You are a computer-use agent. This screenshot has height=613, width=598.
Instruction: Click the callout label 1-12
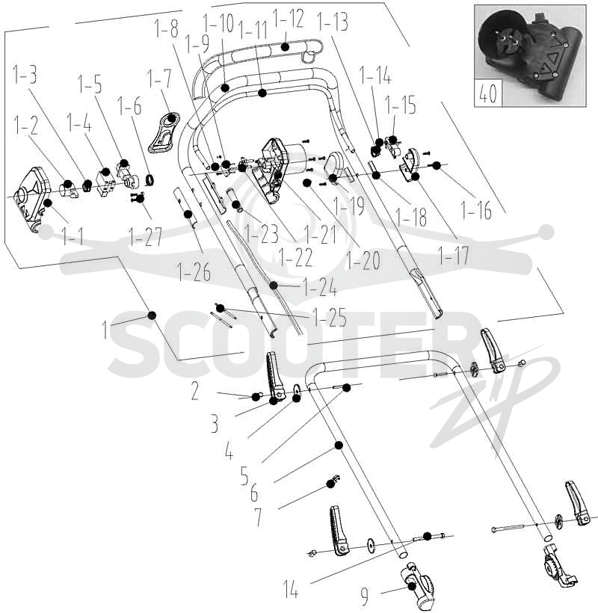(x=288, y=19)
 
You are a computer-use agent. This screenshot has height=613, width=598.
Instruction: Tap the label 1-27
(x=145, y=236)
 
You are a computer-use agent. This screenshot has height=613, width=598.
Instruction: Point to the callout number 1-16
(x=476, y=210)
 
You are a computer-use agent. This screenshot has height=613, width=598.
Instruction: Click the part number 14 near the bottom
(x=291, y=589)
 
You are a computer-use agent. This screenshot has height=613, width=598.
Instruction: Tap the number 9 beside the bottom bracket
(x=364, y=596)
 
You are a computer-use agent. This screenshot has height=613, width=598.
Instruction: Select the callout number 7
(x=259, y=517)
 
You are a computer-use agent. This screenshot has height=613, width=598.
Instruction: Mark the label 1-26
(x=194, y=271)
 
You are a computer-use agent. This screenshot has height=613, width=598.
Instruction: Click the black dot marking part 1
(x=152, y=315)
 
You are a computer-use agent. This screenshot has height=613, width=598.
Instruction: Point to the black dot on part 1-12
(x=286, y=47)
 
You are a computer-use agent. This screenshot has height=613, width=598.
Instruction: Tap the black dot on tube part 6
(x=339, y=445)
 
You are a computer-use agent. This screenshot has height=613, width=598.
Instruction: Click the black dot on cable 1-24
(x=274, y=286)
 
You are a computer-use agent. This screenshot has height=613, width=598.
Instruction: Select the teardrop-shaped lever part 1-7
(x=164, y=132)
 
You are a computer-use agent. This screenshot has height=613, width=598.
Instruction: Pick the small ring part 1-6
(x=149, y=179)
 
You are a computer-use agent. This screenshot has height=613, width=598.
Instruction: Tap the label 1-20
(x=363, y=259)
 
